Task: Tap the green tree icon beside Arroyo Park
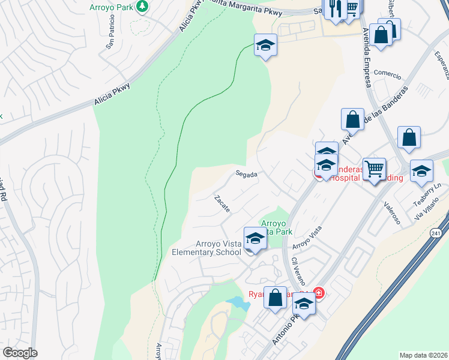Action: pos(142,7)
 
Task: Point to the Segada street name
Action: pos(246,175)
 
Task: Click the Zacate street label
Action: pos(221,203)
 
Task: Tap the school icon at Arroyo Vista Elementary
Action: pos(255,238)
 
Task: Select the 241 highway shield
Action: pos(435,233)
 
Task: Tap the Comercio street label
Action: pos(387,74)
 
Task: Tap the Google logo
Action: pos(20,353)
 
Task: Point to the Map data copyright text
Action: pos(423,355)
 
